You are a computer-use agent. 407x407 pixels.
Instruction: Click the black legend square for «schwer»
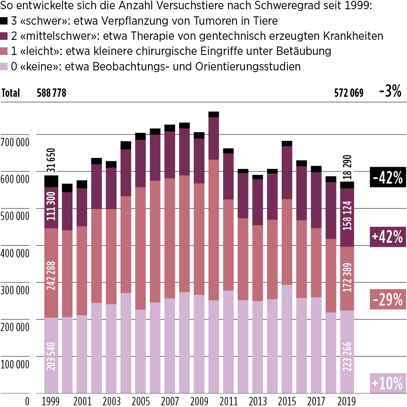[5, 21]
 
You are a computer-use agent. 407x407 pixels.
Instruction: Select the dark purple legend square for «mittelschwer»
[5, 36]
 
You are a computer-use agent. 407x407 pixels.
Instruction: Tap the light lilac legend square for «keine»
[5, 67]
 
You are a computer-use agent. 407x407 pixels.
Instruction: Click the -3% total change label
[390, 91]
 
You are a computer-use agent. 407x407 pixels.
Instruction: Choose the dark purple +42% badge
[388, 236]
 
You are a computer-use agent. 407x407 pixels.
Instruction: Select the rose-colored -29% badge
[388, 299]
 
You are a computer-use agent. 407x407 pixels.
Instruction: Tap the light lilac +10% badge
[388, 383]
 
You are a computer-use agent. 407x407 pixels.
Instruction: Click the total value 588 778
[52, 93]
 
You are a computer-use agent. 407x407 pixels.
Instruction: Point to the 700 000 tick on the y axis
[15, 142]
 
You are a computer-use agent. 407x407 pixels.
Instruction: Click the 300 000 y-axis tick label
[15, 290]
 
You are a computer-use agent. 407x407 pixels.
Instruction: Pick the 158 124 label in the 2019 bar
[347, 217]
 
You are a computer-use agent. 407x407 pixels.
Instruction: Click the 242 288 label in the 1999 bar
[52, 273]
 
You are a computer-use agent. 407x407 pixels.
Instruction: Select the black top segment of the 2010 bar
[214, 114]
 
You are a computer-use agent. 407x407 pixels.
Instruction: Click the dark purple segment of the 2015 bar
[287, 173]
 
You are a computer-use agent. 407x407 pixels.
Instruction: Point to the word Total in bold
[10, 93]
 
